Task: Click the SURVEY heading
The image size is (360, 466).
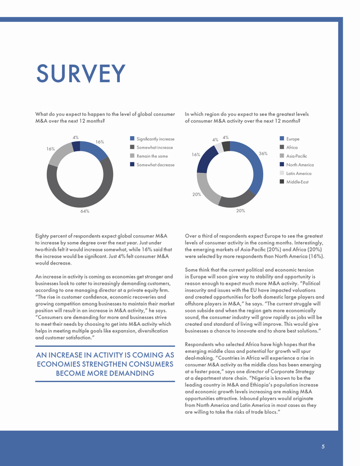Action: pos(81,73)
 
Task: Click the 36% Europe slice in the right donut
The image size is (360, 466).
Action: pos(255,167)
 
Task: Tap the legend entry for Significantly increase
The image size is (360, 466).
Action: pos(152,139)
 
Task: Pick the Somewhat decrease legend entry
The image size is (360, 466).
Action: pos(152,165)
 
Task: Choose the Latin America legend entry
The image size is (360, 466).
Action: pos(295,173)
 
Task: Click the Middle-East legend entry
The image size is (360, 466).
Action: pos(294,182)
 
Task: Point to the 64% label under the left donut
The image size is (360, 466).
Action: pos(84,211)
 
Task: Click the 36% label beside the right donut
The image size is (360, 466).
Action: pos(263,154)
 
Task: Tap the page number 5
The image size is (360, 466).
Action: pos(323,446)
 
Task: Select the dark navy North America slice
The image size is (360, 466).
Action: pos(206,160)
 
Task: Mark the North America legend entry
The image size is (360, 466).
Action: pos(297,165)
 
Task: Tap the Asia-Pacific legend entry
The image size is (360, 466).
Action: pos(294,156)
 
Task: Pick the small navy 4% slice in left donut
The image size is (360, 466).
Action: pos(76,146)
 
